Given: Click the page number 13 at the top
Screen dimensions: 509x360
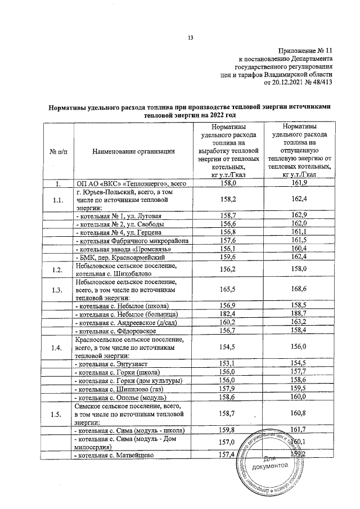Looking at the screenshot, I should (190, 38).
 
